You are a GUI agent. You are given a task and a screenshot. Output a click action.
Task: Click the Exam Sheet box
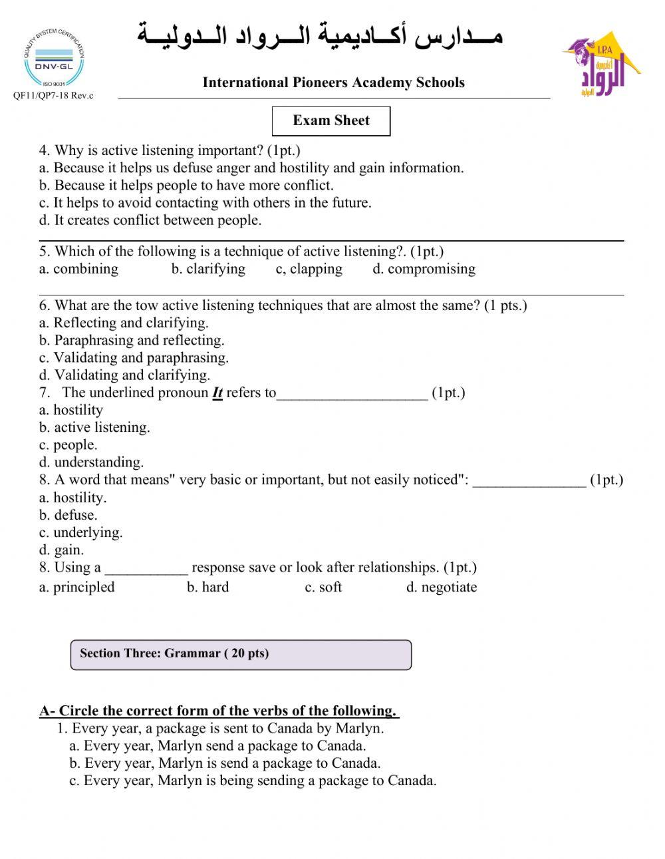pos(331,120)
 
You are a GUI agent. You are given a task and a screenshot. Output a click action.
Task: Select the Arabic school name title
pos(320,37)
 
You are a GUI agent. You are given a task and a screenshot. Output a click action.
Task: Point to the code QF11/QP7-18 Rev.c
pos(53,96)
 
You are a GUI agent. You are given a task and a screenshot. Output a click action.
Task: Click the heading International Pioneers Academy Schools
pos(333,83)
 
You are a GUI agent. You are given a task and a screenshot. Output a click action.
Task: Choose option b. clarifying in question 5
pos(208,269)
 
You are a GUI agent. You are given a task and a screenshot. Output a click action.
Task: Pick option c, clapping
pos(309,269)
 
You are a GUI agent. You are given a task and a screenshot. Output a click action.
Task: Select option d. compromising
pos(424,269)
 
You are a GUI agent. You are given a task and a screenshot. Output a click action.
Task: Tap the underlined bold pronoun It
pos(217,393)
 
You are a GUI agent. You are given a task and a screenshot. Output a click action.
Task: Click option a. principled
pos(76,587)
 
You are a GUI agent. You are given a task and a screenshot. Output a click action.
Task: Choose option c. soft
pos(323,587)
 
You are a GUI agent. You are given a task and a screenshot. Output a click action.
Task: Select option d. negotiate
pos(441,587)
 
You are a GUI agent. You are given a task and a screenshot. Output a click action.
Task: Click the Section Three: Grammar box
pos(241,654)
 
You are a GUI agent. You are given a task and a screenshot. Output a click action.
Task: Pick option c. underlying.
pos(80,532)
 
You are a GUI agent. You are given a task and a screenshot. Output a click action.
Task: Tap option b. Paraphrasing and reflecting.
pos(132,340)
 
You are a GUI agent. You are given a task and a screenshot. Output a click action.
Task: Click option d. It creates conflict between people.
pos(150,220)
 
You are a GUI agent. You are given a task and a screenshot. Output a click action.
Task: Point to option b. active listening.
pos(94,427)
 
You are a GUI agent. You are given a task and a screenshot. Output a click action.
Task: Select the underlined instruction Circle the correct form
pos(219,711)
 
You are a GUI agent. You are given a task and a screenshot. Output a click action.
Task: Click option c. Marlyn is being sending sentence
pos(253,780)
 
